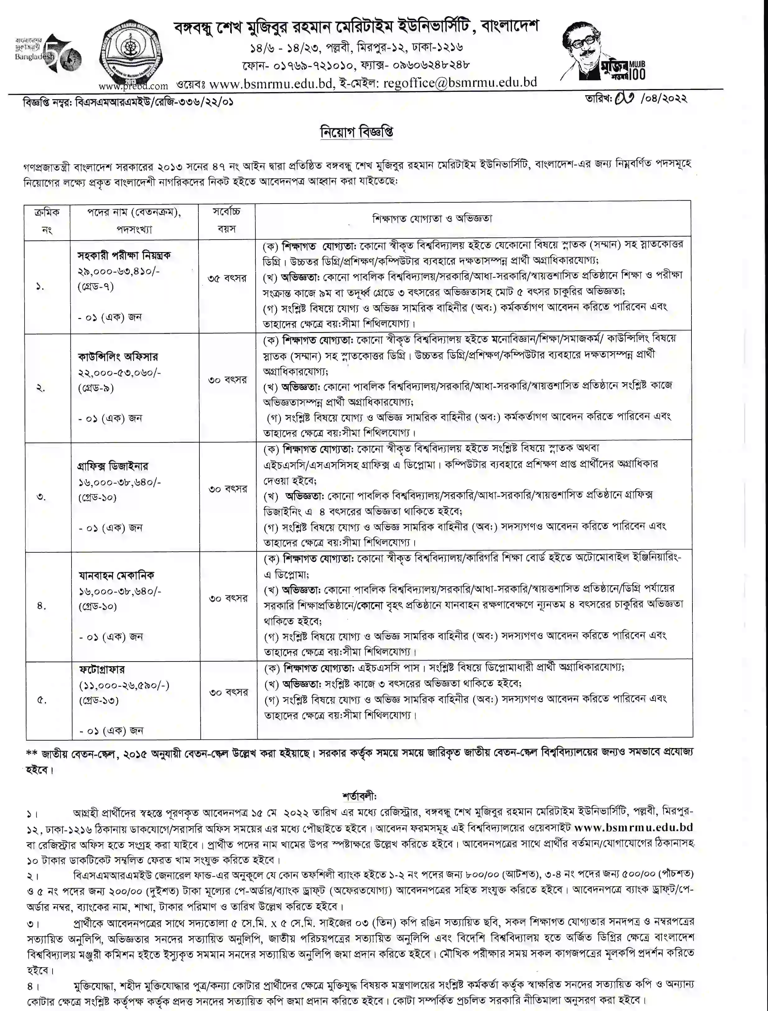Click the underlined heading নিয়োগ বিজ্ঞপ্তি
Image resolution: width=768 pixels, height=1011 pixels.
coord(356,132)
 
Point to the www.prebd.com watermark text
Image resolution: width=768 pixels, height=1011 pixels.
coord(133,86)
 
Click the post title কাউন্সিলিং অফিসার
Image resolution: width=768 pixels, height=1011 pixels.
coord(118,357)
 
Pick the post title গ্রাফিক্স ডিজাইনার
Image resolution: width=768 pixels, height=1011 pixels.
coord(113,466)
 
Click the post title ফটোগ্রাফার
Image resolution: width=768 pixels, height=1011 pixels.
coord(101,669)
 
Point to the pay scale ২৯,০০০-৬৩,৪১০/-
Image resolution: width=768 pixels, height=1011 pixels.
coord(119,271)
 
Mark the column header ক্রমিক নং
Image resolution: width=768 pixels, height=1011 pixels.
coord(47,220)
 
